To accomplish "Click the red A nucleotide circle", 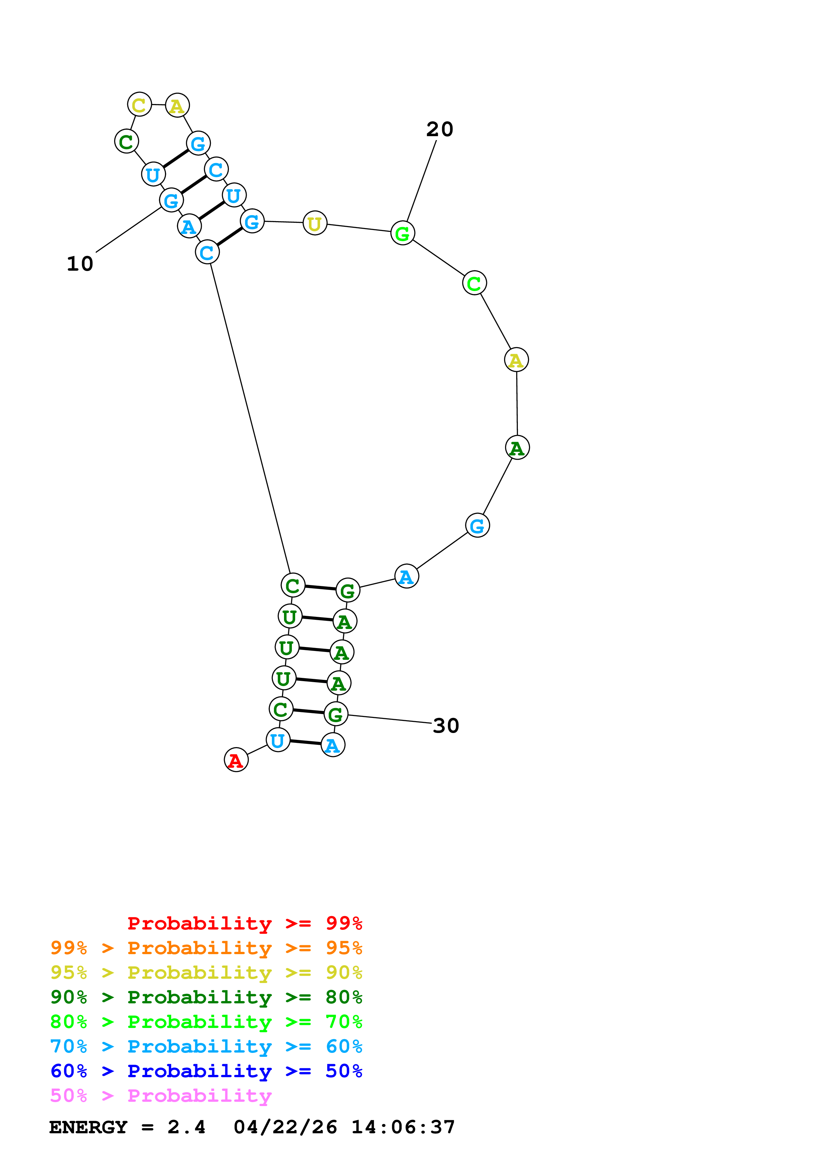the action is [x=236, y=760].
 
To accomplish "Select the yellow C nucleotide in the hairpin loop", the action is [x=139, y=105].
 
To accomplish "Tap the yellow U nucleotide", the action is [x=315, y=223].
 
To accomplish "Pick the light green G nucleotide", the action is [x=402, y=233].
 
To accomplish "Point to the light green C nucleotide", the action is [x=474, y=283].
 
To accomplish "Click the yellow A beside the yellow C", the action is [x=177, y=106].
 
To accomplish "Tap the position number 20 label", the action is [x=439, y=129].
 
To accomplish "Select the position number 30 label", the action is [x=445, y=725].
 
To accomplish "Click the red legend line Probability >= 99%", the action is [x=244, y=923].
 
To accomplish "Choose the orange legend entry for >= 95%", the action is [x=206, y=948].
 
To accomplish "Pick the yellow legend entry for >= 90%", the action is [x=206, y=972].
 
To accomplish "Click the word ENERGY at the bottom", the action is [x=88, y=1127].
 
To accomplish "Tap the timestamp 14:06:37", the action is [x=403, y=1127].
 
